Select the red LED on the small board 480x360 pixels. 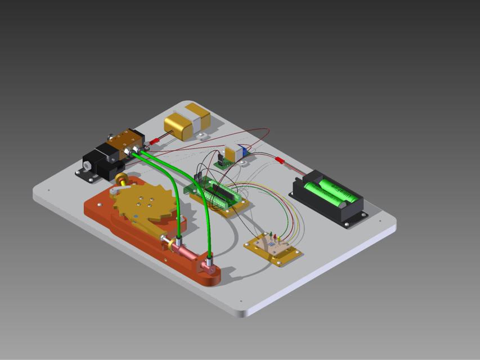(x=274, y=235)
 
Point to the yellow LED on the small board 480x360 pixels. (x=279, y=238)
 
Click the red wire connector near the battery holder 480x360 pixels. (x=279, y=161)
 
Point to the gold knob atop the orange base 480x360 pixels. (x=121, y=179)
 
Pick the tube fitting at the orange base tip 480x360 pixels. (x=209, y=263)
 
